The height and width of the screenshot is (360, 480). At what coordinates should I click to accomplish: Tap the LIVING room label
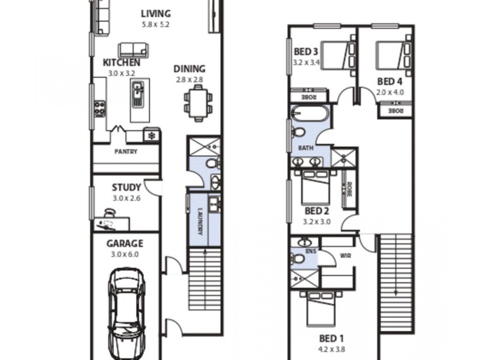[x=155, y=13]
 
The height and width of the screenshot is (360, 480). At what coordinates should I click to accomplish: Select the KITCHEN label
[x=121, y=62]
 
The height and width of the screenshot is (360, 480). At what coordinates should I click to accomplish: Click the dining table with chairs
[x=198, y=103]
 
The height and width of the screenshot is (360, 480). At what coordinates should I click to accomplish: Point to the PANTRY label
[x=125, y=152]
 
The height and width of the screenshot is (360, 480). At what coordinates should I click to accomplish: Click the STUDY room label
[x=126, y=187]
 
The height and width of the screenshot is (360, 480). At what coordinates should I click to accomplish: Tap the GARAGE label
[x=125, y=244]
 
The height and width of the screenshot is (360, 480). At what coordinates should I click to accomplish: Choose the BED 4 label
[x=389, y=81]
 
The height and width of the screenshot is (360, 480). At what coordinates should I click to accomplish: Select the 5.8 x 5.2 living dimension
[x=155, y=25]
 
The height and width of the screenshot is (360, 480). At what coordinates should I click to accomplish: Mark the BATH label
[x=305, y=147]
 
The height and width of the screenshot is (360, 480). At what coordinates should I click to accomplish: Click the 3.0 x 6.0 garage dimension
[x=125, y=254]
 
